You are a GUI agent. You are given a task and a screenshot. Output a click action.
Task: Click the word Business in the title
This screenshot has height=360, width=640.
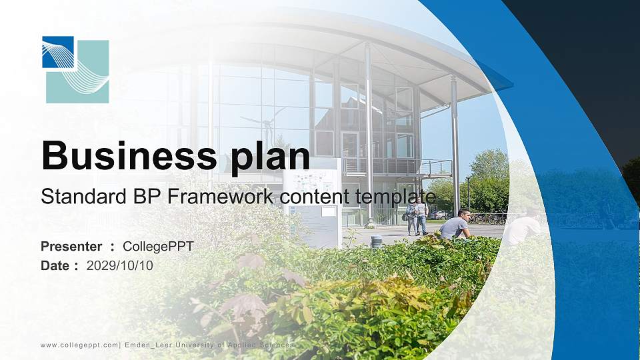pyautogui.click(x=129, y=155)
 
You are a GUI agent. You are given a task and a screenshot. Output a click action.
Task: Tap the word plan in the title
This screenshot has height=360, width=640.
pyautogui.click(x=270, y=157)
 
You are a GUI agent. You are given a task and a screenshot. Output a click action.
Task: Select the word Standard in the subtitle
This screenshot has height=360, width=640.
pyautogui.click(x=84, y=196)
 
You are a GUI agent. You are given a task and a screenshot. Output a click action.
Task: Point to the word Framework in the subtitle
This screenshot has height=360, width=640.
pyautogui.click(x=220, y=196)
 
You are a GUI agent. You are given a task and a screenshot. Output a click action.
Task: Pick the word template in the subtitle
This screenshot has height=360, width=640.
pyautogui.click(x=395, y=197)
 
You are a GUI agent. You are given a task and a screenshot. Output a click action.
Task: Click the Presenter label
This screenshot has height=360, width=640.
pyautogui.click(x=71, y=247)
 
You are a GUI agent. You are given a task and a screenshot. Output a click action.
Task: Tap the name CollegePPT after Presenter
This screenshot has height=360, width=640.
pyautogui.click(x=158, y=247)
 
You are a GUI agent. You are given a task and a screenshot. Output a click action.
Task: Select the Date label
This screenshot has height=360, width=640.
pyautogui.click(x=55, y=266)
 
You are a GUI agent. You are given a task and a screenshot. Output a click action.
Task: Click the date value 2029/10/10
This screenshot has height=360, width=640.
pyautogui.click(x=119, y=266)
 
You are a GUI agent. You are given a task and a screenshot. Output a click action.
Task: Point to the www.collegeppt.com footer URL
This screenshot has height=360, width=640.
pyautogui.click(x=79, y=345)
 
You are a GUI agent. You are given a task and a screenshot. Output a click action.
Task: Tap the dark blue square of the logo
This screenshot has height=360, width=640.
pyautogui.click(x=58, y=52)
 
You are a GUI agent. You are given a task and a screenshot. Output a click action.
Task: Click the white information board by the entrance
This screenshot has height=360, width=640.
pyautogui.click(x=313, y=203)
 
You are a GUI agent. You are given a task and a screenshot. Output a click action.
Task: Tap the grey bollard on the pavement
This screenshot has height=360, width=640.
pyautogui.click(x=376, y=241)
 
